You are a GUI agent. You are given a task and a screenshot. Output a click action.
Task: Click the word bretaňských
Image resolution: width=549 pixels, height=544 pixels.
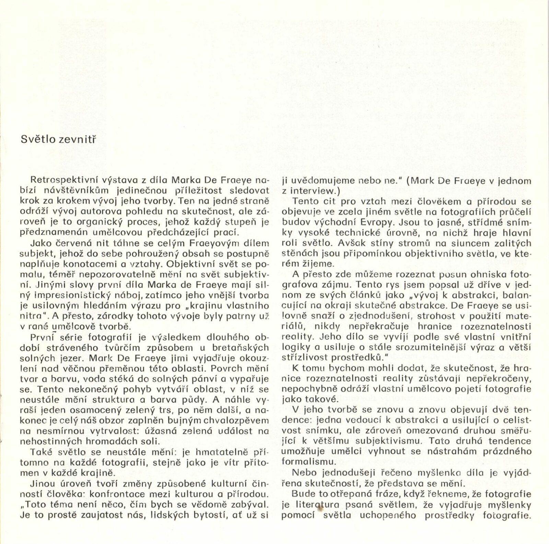coord(241,347)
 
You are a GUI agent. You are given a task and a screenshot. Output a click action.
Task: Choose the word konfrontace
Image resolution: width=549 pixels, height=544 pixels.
coord(114,494)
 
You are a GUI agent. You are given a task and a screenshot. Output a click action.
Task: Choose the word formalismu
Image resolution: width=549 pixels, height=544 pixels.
coord(302,461)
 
